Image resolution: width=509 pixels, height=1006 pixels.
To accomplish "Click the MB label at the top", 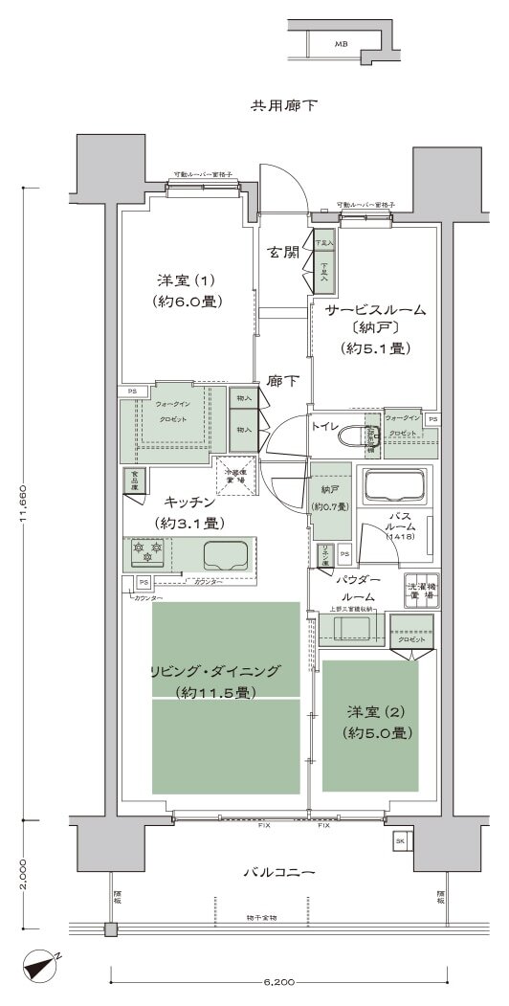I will pyautogui.click(x=342, y=44).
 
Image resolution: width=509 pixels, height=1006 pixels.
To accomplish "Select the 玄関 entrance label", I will pyautogui.click(x=282, y=253).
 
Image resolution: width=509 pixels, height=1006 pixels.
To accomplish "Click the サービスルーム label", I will pyautogui.click(x=375, y=310).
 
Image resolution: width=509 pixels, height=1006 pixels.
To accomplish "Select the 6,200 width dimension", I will pyautogui.click(x=277, y=982).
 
